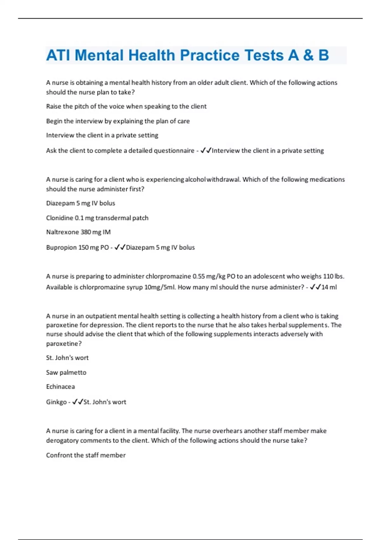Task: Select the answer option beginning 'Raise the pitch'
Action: [126, 106]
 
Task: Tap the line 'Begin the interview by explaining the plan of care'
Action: [118, 121]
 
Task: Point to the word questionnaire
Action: [174, 151]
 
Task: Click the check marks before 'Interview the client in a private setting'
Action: [206, 150]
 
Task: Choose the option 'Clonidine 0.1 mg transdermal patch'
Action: [97, 218]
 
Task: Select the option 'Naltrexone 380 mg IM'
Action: [78, 232]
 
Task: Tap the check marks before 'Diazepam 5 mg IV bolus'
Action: [120, 247]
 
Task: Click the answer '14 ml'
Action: [329, 287]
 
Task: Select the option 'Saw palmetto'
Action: [66, 373]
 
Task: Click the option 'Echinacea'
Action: [60, 387]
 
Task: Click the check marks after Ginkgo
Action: [78, 402]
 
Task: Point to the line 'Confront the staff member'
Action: [86, 455]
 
